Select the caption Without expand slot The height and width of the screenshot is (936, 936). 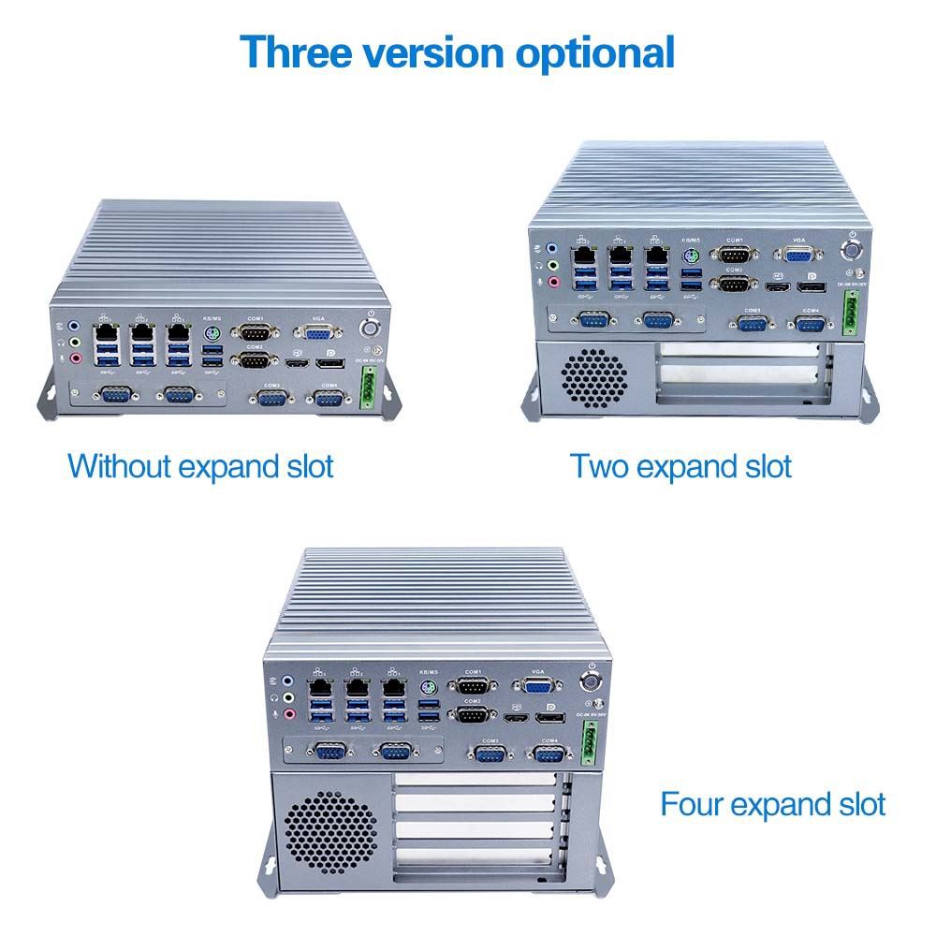(x=200, y=465)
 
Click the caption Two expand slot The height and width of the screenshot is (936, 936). (x=681, y=465)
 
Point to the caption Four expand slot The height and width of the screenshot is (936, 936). (x=773, y=804)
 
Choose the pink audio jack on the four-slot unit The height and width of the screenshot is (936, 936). (x=289, y=716)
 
